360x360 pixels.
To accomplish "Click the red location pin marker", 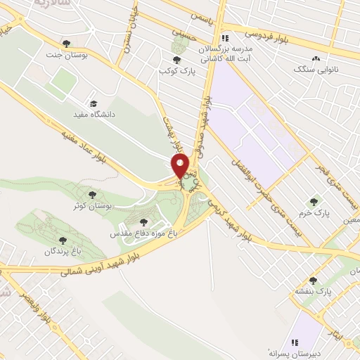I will (181, 167).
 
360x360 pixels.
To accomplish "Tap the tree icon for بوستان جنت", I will (66, 44).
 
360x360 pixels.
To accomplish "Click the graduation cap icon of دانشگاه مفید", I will (94, 103).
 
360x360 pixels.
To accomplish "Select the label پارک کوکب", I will (176, 71).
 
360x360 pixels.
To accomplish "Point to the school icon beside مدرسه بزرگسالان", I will (224, 38).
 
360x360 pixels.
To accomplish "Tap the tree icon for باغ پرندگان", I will (63, 240).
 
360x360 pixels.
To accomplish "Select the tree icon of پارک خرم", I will (314, 201).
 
